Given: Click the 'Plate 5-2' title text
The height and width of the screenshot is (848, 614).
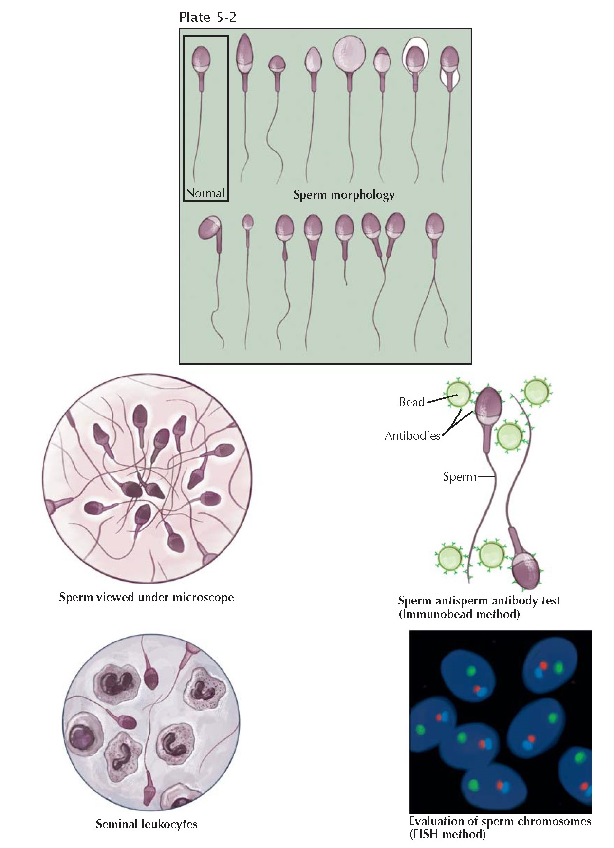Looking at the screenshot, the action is tap(208, 18).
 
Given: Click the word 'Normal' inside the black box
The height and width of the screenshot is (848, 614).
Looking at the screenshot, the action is tap(205, 193).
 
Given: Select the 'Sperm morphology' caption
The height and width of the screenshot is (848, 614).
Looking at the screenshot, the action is tap(344, 195).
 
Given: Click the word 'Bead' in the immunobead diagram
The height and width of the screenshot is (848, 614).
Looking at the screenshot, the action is tap(411, 402).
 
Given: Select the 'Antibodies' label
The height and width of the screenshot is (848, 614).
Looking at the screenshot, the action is tap(412, 436).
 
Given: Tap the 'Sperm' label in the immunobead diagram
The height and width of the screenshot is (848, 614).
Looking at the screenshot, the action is tap(459, 477).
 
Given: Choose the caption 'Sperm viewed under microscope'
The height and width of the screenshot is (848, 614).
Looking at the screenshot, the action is tap(147, 597).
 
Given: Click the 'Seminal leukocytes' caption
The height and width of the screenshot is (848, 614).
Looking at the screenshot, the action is tap(147, 824).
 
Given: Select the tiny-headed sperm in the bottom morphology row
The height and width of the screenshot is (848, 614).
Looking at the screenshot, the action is tap(248, 222).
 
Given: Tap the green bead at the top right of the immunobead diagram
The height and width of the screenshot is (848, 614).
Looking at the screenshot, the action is tap(537, 391).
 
